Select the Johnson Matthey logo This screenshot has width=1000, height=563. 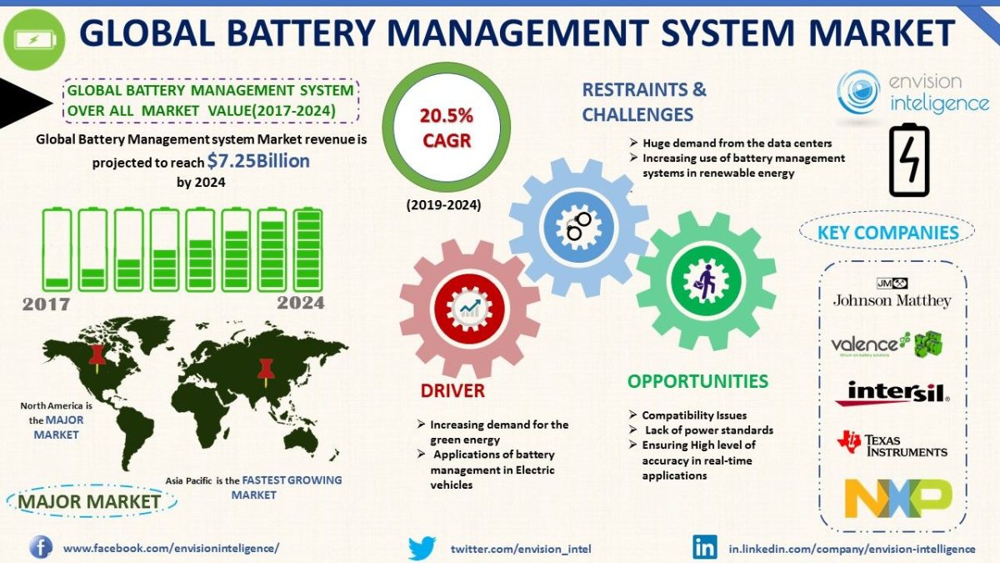tap(892, 293)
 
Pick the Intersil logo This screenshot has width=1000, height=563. tap(892, 393)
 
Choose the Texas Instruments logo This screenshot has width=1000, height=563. tap(892, 443)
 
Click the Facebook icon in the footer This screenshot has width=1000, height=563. tap(41, 547)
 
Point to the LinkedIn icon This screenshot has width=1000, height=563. tap(704, 548)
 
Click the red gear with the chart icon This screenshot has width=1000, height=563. tap(468, 309)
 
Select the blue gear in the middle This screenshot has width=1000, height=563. tap(577, 225)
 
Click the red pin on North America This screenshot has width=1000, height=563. tap(97, 355)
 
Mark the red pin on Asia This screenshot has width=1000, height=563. tap(266, 368)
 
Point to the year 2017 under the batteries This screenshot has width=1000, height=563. tap(46, 304)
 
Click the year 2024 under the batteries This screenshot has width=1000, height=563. tap(300, 303)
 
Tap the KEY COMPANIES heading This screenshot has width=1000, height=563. tap(888, 232)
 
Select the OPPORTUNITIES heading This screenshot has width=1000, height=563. tap(697, 381)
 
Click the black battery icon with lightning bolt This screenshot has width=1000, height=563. tap(909, 161)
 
